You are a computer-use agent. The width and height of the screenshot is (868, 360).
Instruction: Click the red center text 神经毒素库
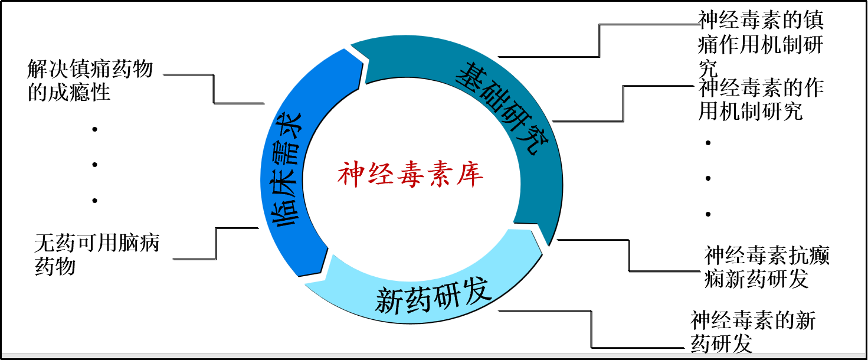pos(411,175)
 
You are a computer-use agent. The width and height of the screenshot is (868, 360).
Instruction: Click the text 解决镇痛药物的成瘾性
pos(90,81)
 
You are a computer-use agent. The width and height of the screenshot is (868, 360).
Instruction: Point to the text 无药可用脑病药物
pos(97,254)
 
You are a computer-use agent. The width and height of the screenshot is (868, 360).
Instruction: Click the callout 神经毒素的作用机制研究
pos(761,100)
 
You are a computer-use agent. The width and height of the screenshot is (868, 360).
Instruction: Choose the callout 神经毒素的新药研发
pos(753,332)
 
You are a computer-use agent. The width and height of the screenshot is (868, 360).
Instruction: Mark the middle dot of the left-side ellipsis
pos(94,165)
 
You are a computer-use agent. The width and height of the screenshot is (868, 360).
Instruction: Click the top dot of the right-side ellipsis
pos(707,143)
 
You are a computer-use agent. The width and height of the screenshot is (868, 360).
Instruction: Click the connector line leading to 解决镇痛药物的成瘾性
pos(213,89)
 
